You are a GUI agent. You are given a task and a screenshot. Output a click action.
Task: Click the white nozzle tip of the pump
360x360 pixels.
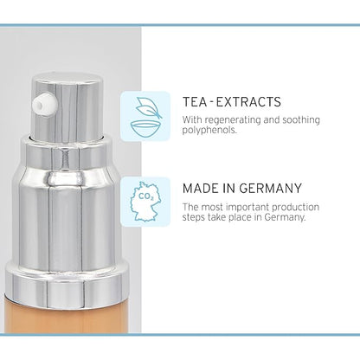pyautogui.click(x=44, y=105)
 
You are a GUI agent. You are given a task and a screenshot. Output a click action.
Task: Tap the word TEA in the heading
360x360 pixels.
pyautogui.click(x=195, y=102)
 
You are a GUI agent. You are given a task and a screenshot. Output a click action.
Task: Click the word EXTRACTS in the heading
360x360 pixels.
pyautogui.click(x=248, y=102)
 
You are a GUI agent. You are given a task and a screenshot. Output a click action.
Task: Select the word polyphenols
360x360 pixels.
pyautogui.click(x=209, y=130)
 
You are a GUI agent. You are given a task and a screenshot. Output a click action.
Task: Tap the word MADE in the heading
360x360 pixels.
pyautogui.click(x=201, y=189)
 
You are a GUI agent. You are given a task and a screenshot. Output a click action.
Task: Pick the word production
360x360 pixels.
pyautogui.click(x=296, y=207)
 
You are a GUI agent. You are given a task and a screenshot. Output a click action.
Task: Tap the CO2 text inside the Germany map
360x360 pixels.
pyautogui.click(x=145, y=196)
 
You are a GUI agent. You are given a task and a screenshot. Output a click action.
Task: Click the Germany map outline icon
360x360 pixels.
pyautogui.click(x=145, y=202)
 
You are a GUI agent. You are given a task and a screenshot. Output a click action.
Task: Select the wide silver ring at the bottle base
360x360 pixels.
pyautogui.click(x=67, y=285)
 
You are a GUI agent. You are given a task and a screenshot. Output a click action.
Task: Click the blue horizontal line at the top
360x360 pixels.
pyautogui.click(x=180, y=25)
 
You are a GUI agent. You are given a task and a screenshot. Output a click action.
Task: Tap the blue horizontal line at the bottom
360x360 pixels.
pyautogui.click(x=180, y=335)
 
